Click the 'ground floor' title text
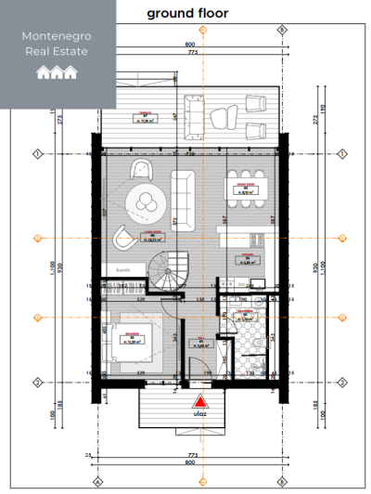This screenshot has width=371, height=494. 186,14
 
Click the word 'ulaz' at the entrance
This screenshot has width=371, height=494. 199,414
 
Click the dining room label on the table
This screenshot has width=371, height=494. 247,188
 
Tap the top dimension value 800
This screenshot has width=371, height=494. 189,44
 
